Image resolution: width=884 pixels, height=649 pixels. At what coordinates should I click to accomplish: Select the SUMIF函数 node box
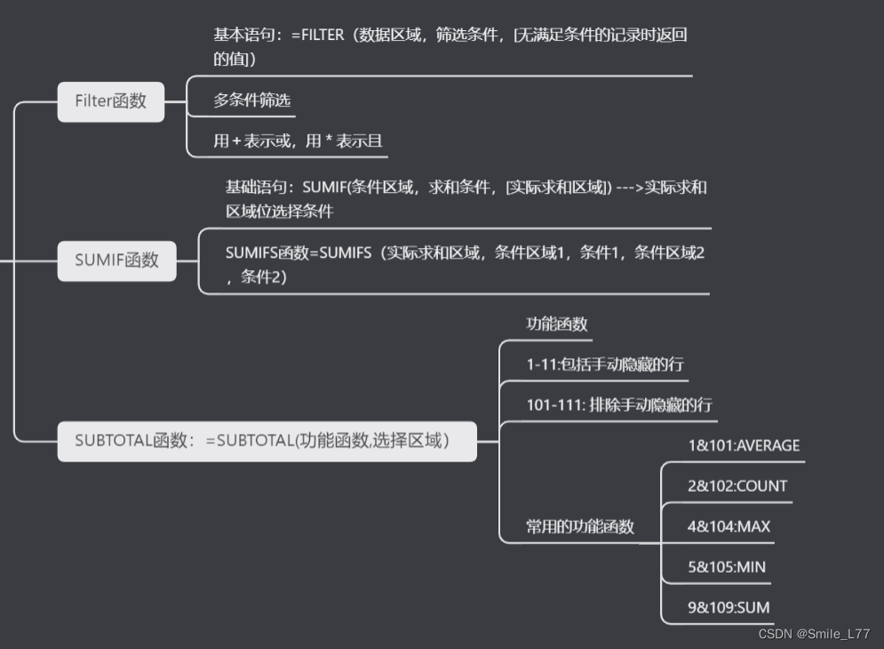[117, 260]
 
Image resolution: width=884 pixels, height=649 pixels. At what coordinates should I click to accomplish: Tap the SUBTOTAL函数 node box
[267, 440]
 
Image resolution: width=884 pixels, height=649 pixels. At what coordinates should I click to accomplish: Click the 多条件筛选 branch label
[251, 100]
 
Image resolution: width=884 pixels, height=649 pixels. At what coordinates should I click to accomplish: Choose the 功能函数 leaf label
[556, 324]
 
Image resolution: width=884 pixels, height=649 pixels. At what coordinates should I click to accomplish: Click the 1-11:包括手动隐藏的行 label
[604, 365]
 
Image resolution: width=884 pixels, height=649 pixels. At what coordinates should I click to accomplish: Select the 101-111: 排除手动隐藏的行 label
[618, 405]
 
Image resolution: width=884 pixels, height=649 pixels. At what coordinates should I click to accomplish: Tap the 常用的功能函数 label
[579, 526]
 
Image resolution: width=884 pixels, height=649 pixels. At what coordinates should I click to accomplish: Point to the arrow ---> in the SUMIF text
[628, 188]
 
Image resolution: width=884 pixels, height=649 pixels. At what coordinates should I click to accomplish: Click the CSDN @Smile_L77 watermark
[813, 634]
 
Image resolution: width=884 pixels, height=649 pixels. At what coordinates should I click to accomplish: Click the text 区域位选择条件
[279, 212]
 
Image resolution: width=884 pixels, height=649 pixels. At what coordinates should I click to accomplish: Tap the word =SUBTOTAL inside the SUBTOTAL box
[250, 440]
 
